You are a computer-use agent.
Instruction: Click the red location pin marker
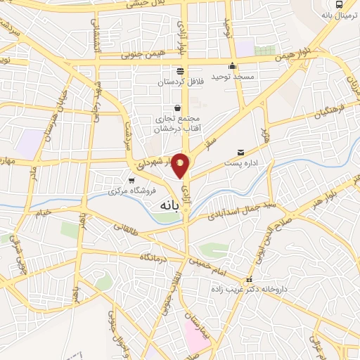[x=181, y=166]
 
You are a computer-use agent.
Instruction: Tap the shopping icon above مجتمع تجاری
[x=176, y=108]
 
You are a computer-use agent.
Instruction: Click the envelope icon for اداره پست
[x=240, y=152]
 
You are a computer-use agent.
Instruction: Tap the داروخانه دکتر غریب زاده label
[x=255, y=290]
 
